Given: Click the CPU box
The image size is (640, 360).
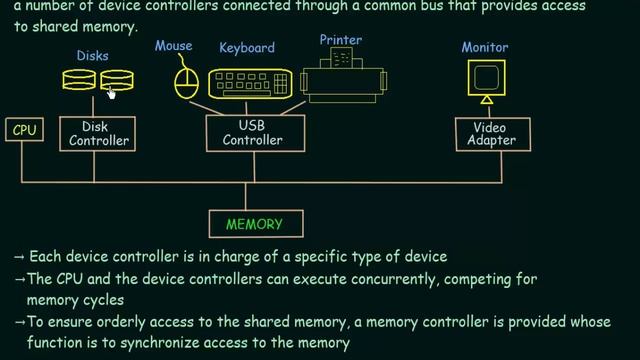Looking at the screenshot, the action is tap(25, 129).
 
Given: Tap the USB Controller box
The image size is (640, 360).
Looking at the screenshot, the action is tap(252, 133).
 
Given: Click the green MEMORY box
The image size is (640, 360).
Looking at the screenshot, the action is tap(254, 224).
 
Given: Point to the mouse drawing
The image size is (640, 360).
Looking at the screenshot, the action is tap(186, 82).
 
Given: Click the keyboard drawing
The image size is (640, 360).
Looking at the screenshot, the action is tap(250, 83).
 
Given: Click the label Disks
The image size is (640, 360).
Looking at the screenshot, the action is tap(92, 56).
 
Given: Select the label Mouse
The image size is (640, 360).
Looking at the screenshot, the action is tap(174, 46).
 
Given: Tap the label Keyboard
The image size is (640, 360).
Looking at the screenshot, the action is tap(247, 47).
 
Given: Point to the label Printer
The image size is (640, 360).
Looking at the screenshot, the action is tap(340, 40).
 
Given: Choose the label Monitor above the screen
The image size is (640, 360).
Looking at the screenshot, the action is tap(485, 47).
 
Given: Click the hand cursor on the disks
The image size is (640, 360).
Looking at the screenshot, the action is tap(112, 91).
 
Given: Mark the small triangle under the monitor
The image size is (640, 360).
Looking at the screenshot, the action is tap(486, 100).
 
